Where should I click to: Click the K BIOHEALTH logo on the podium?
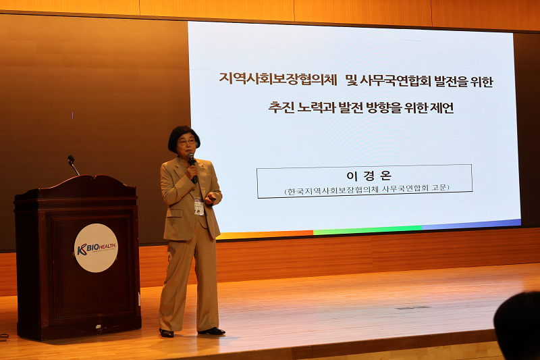click(x=96, y=248)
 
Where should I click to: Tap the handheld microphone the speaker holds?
click(x=192, y=167)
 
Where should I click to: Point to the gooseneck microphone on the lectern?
click(x=73, y=165)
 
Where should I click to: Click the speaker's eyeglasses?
click(x=187, y=142)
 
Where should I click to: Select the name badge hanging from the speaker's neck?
click(x=198, y=206)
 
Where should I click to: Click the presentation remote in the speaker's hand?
click(x=213, y=198)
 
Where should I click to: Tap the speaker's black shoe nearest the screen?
click(x=211, y=331)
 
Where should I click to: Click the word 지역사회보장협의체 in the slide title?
click(x=278, y=79)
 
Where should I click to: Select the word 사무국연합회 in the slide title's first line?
click(x=395, y=81)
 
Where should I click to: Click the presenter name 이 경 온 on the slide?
click(x=369, y=176)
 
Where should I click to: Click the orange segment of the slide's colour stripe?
click(x=265, y=234)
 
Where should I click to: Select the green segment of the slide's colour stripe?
click(x=367, y=230)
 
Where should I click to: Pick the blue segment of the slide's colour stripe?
click(x=471, y=224)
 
